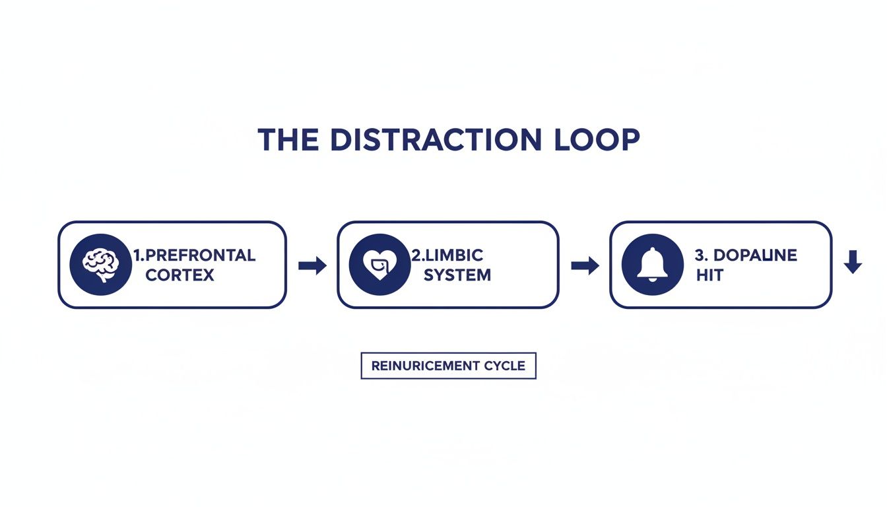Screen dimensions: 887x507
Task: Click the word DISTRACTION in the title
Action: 436,140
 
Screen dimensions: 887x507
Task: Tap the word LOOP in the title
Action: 597,140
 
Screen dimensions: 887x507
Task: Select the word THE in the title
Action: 288,140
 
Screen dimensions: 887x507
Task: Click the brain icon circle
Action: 100,265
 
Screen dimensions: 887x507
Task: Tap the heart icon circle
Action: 379,265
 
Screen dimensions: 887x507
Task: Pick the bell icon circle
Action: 653,265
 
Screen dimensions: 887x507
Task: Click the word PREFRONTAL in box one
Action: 201,255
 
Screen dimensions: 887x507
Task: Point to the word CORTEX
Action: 180,275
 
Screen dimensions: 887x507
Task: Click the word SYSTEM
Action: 457,275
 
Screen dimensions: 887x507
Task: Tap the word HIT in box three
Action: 709,275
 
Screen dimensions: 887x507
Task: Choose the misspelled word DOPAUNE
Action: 755,255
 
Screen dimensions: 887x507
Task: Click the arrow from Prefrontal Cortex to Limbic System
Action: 312,265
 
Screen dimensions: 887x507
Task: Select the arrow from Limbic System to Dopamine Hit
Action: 585,265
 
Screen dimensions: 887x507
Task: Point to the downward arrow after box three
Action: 853,262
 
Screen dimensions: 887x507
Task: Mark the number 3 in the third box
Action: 700,255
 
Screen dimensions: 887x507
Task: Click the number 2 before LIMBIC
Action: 416,255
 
